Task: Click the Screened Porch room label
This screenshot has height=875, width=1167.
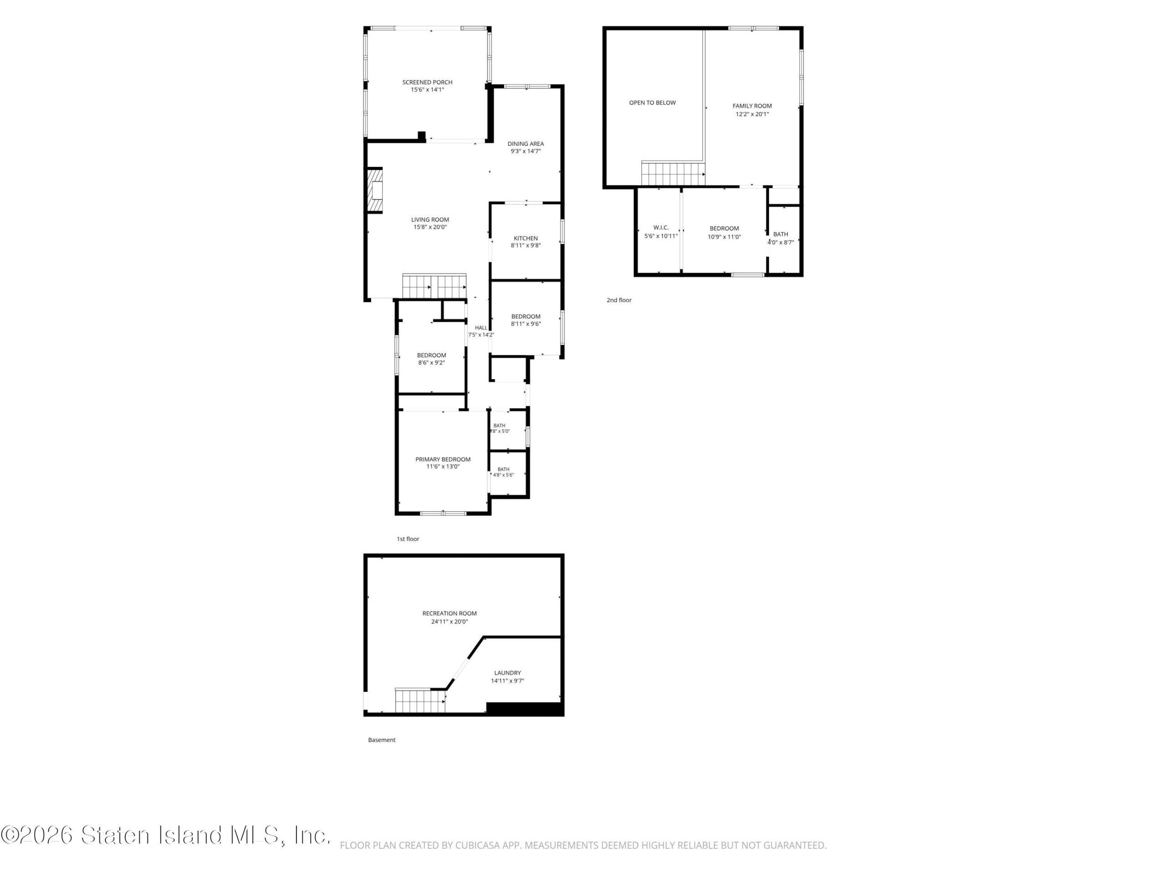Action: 427,82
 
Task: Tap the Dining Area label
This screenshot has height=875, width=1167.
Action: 526,144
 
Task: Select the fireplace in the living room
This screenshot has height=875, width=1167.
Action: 375,190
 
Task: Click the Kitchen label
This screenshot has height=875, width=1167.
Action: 526,238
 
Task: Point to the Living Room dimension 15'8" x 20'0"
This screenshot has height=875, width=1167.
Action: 430,227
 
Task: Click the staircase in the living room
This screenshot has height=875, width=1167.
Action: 434,286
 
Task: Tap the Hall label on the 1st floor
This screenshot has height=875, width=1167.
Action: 481,328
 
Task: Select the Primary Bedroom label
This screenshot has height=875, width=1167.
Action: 443,459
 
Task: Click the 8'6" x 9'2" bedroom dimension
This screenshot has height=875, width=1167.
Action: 432,363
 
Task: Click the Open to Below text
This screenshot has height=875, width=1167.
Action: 652,103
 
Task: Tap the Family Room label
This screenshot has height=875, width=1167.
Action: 752,106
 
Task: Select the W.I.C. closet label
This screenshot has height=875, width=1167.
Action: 661,228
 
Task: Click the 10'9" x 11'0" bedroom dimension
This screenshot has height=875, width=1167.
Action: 724,237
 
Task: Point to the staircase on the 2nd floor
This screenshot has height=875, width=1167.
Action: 673,174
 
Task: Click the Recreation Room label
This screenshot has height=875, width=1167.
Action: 449,613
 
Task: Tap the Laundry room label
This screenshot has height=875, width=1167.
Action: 507,673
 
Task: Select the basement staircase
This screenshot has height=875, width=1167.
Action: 420,700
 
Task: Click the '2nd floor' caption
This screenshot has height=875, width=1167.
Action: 619,300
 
